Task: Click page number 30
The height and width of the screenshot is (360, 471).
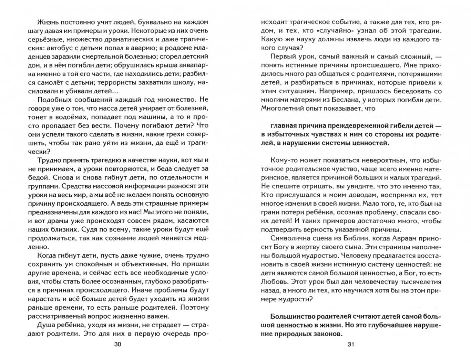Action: [117, 344]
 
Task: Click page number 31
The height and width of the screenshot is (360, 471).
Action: [351, 344]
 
